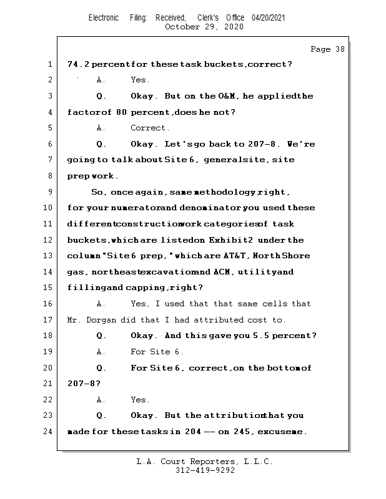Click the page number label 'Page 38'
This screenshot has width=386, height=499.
327,49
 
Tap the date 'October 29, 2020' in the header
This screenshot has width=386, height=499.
204,27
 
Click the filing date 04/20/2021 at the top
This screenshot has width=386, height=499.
269,18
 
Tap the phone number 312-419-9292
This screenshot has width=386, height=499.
205,471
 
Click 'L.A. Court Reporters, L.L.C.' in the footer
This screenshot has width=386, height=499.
205,462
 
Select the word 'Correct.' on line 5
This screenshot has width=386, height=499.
150,128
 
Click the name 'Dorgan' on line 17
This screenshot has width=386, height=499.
102,320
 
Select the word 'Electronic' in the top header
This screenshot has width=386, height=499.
104,18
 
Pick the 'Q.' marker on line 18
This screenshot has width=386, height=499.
101,336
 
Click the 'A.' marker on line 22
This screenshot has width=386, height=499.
101,400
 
